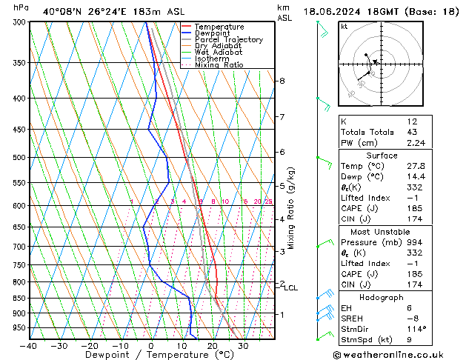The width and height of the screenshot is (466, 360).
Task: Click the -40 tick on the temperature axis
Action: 29,346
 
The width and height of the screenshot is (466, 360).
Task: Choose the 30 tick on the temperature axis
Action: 243,346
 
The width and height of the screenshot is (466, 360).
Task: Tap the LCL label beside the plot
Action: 290,288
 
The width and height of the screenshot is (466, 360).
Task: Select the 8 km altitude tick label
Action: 282,81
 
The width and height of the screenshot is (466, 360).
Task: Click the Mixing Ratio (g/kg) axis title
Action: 292,208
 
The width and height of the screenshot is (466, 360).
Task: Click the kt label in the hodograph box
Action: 344,27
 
